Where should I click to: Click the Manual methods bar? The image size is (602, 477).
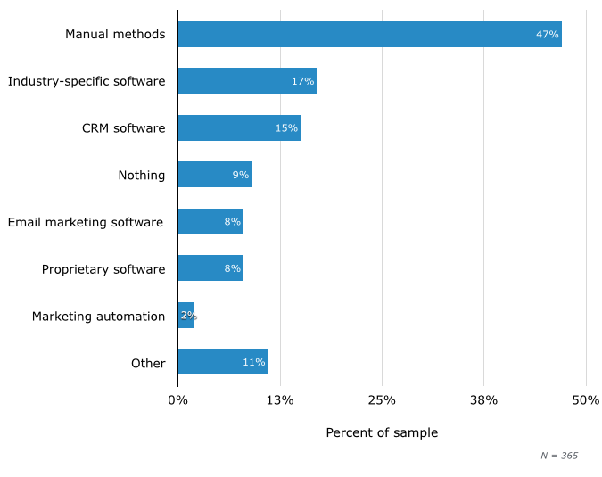click(x=369, y=34)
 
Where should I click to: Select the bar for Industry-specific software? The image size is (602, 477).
click(x=247, y=81)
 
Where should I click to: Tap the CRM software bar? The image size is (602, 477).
click(x=239, y=127)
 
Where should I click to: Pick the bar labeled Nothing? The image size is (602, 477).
click(x=214, y=175)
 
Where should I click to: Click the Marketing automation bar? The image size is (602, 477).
click(x=186, y=316)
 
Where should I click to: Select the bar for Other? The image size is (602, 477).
click(x=222, y=362)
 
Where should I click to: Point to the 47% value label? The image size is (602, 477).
click(x=547, y=35)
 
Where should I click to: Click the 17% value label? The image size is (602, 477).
click(x=302, y=81)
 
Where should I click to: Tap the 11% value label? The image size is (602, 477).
click(x=253, y=363)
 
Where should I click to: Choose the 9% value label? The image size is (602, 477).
click(x=240, y=175)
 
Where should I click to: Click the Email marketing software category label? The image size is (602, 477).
click(x=86, y=222)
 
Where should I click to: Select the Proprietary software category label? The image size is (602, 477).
click(x=103, y=269)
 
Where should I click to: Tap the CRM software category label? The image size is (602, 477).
click(x=123, y=128)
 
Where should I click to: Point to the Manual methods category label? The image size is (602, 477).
click(x=115, y=35)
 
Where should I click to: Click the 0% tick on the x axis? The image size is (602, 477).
click(x=177, y=400)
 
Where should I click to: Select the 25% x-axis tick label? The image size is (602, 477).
click(x=382, y=400)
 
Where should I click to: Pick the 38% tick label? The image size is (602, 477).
click(x=483, y=400)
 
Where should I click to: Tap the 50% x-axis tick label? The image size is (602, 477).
click(x=585, y=400)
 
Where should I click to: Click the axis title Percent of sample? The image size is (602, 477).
click(x=382, y=433)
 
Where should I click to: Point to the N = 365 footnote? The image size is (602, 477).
click(x=559, y=456)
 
